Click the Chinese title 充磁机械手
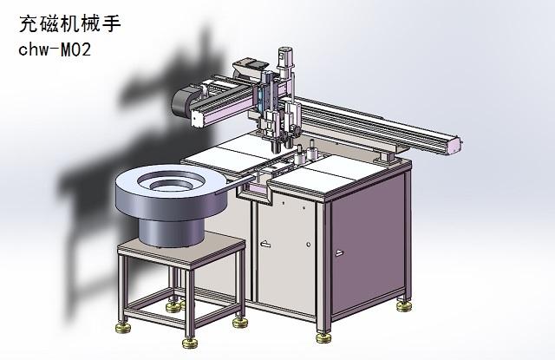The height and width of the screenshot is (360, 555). [69, 24]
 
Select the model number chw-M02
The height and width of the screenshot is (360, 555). [55, 50]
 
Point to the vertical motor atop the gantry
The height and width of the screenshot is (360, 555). [285, 63]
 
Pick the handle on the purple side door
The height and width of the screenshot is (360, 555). [339, 252]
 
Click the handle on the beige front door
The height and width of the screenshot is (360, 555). [264, 244]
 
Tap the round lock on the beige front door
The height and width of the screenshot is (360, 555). [309, 245]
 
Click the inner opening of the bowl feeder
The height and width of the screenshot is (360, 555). [171, 182]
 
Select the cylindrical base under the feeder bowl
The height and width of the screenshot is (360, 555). [172, 232]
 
